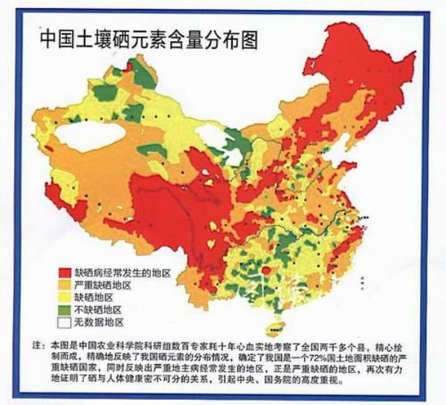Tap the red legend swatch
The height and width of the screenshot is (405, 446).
click(x=64, y=273)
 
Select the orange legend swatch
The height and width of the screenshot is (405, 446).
click(x=64, y=285)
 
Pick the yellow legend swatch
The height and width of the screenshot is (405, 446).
click(x=64, y=297)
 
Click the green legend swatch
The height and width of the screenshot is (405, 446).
click(x=64, y=309)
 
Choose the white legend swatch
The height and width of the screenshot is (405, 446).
click(x=64, y=322)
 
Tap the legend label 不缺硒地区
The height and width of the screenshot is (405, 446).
click(x=97, y=309)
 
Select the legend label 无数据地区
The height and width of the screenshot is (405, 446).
click(x=97, y=322)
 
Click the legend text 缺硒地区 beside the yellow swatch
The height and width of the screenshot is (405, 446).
click(x=93, y=297)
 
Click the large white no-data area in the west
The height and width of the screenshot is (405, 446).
click(x=82, y=138)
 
